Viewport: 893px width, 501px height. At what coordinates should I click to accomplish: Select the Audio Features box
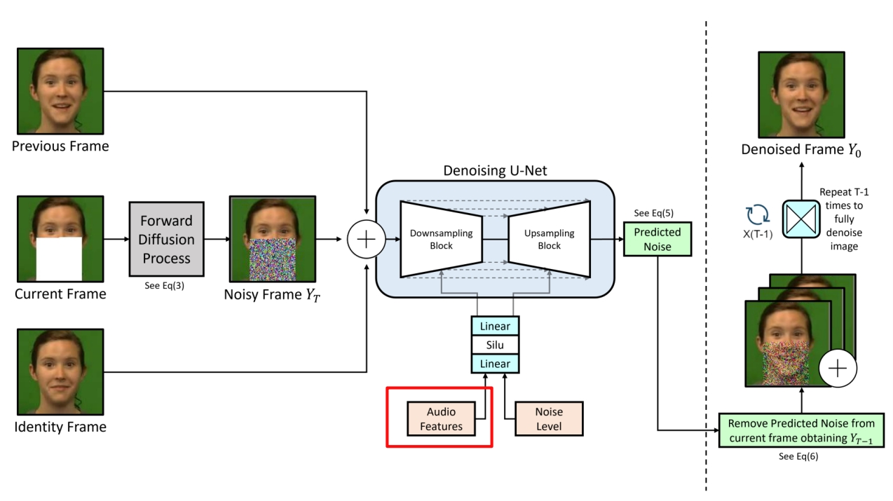441,419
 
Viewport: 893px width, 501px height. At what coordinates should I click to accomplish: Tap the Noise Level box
548,419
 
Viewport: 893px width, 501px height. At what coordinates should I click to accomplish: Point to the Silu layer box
495,345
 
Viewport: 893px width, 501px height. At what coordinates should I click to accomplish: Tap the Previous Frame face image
60,92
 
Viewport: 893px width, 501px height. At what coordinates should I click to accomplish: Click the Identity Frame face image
60,372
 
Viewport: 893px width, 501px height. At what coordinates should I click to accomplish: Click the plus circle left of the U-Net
365,239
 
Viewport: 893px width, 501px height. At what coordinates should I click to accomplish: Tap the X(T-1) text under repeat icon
758,235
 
